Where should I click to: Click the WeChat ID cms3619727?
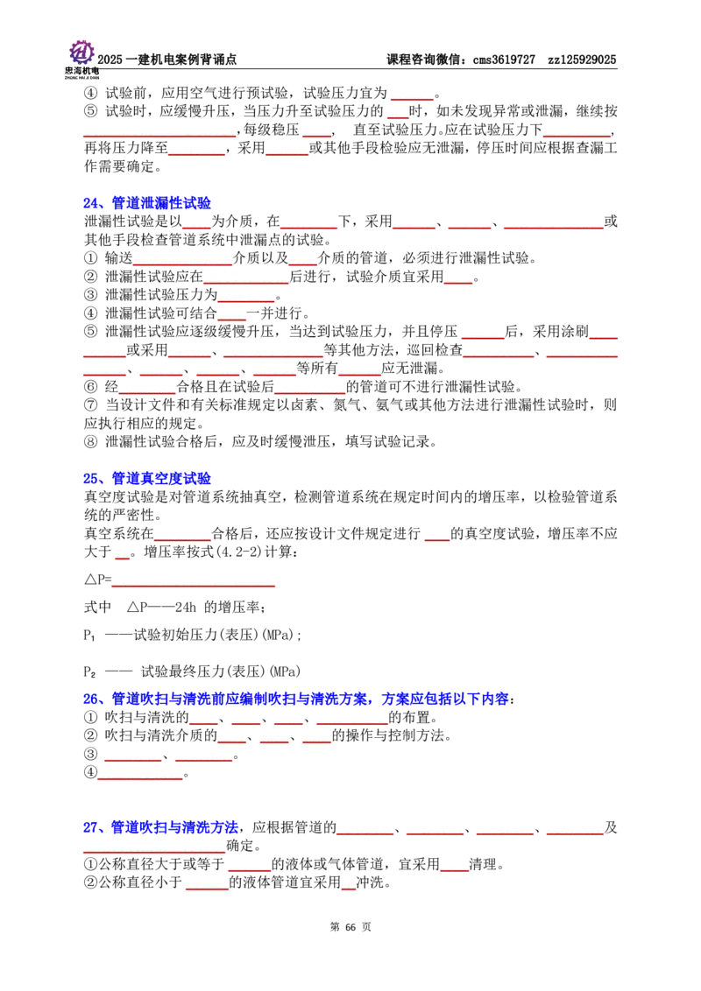504,60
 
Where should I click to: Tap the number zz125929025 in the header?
582,60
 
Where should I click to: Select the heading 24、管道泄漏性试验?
147,203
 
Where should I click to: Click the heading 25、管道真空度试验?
147,479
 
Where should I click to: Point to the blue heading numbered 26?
300,699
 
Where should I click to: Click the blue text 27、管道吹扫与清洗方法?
160,827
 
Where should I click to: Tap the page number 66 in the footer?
350,927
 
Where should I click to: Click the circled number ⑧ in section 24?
90,442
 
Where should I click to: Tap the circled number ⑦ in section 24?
90,405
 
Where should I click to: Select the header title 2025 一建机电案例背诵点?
167,60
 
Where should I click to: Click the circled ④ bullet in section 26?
90,772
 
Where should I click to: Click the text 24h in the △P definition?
186,608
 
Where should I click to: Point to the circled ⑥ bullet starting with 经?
90,387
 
